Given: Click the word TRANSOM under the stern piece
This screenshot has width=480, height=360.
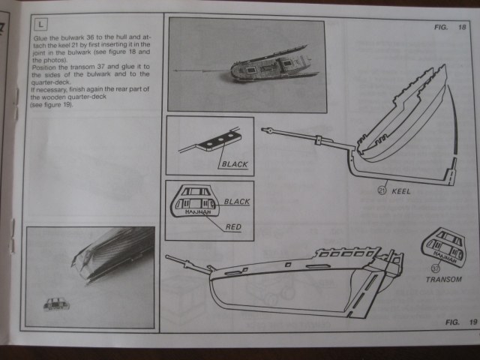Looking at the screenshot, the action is click(442, 279).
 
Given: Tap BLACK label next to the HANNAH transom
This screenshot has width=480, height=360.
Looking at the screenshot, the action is click(236, 202).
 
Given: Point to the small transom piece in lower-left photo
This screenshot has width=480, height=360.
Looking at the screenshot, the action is click(55, 304).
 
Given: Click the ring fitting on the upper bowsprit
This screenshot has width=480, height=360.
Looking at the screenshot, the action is click(318, 139).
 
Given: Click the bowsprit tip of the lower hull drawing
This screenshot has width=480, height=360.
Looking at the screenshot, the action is click(169, 256).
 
